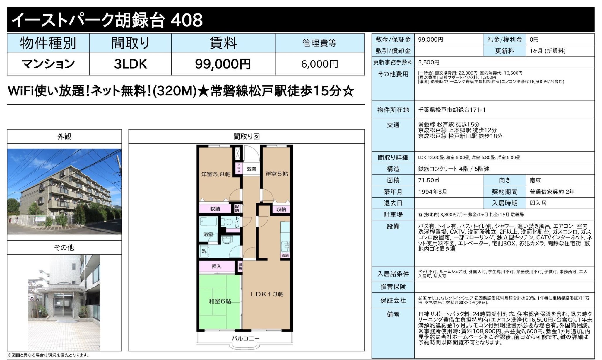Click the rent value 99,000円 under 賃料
tap(223, 64)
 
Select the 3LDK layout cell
tap(130, 64)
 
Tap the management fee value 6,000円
tap(319, 64)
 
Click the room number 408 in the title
tap(187, 20)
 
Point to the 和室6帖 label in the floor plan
tap(220, 301)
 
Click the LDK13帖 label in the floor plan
tap(267, 294)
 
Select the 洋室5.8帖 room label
tap(216, 174)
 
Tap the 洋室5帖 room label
tap(276, 174)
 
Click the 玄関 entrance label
tap(251, 169)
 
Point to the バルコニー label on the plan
tap(245, 338)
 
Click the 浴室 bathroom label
tap(208, 234)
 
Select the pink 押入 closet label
tap(216, 266)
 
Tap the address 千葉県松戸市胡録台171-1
tap(451, 110)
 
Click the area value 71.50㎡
tap(428, 180)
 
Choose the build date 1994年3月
tap(432, 192)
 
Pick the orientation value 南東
tap(535, 180)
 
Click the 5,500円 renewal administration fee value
tap(429, 62)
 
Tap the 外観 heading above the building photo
tap(64, 136)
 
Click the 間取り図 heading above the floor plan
tap(246, 136)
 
